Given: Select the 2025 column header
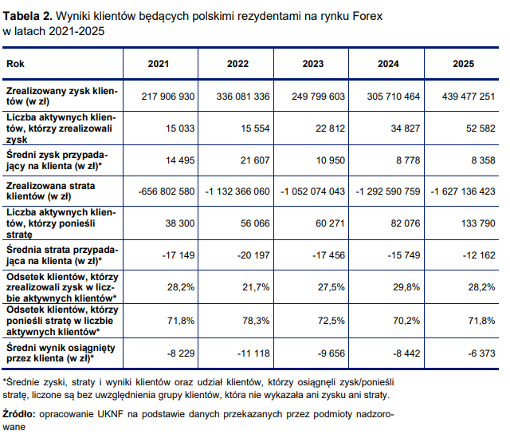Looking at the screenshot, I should (462, 63).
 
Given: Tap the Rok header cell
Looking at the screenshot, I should (14, 63).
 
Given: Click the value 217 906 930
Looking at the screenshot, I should (168, 96).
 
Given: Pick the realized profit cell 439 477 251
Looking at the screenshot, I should (462, 96).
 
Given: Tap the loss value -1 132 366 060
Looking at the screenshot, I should (237, 191).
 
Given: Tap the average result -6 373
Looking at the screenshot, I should (480, 352).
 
